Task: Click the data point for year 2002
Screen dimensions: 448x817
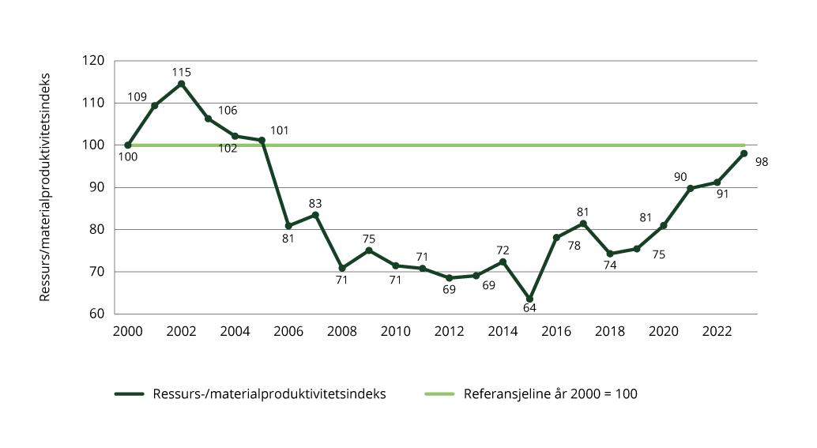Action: (182, 84)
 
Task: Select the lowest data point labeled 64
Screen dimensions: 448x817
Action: (529, 299)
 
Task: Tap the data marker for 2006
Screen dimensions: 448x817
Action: (288, 226)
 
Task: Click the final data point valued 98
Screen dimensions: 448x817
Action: (744, 153)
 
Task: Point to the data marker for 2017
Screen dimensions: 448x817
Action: (583, 224)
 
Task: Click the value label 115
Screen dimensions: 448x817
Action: (182, 72)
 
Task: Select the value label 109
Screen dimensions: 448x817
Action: (137, 96)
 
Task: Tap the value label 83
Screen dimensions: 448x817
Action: (315, 203)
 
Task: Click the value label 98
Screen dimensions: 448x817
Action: (761, 162)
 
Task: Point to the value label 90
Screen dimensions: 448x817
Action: (680, 177)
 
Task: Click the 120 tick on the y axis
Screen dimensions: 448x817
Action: (94, 61)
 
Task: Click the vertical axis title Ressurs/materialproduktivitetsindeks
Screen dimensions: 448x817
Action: (45, 187)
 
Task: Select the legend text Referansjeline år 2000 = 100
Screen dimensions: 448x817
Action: (550, 393)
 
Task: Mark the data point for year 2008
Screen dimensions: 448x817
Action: (342, 268)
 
